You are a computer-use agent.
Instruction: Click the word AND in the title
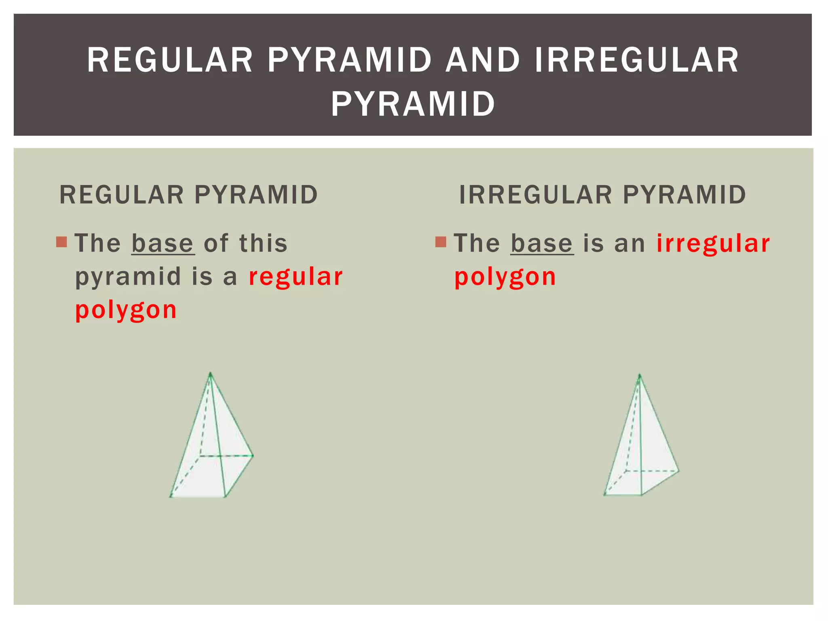coord(482,61)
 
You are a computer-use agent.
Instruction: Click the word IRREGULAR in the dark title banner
coord(637,61)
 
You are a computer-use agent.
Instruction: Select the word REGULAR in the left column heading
coord(121,195)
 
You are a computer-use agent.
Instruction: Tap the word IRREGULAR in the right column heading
coord(536,195)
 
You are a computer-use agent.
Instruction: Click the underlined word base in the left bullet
coord(163,243)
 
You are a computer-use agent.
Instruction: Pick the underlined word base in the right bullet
coord(542,243)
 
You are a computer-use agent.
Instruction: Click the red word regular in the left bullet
coord(296,277)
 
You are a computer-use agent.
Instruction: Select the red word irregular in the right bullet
coord(713,243)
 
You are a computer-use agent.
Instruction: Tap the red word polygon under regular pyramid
coord(126,310)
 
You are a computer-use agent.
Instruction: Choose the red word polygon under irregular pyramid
coord(505,277)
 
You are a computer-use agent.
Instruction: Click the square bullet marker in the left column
coord(61,242)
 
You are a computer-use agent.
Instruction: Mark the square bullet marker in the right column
coord(441,242)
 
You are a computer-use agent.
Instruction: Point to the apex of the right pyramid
coord(640,375)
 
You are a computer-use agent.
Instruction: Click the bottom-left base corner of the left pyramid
coord(171,496)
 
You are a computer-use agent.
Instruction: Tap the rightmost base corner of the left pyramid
coord(253,456)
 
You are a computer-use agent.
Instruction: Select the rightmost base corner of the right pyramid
coord(679,471)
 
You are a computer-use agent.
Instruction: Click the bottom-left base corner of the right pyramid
coord(605,494)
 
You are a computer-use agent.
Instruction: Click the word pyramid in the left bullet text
coord(128,278)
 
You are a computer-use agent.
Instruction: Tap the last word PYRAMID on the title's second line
coord(413,104)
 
